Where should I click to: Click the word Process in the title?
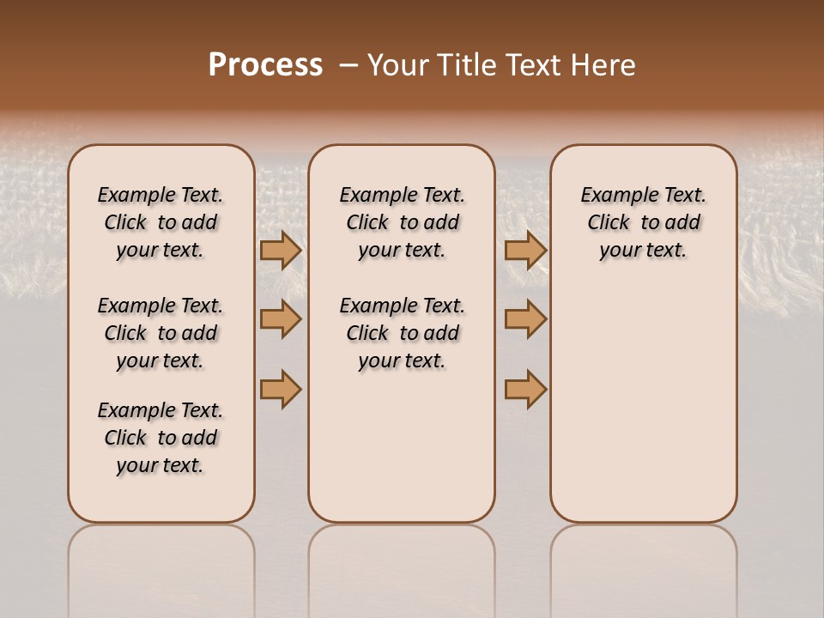pyautogui.click(x=265, y=64)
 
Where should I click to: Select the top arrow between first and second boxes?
pyautogui.click(x=281, y=250)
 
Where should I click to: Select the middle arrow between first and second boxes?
pyautogui.click(x=281, y=319)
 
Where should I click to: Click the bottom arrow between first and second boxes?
pyautogui.click(x=281, y=389)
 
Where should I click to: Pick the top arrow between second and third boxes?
pyautogui.click(x=525, y=250)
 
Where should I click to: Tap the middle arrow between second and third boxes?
pyautogui.click(x=525, y=319)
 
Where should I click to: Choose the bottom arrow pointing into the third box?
pyautogui.click(x=525, y=389)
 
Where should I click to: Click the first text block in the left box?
pyautogui.click(x=161, y=222)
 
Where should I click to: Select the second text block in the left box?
pyautogui.click(x=161, y=333)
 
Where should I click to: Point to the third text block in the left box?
pyautogui.click(x=161, y=438)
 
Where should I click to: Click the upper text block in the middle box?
pyautogui.click(x=402, y=222)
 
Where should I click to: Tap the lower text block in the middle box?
pyautogui.click(x=402, y=333)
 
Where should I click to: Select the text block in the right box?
pyautogui.click(x=643, y=222)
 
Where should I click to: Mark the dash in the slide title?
pyautogui.click(x=348, y=65)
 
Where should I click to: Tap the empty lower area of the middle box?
pyautogui.click(x=402, y=446)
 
